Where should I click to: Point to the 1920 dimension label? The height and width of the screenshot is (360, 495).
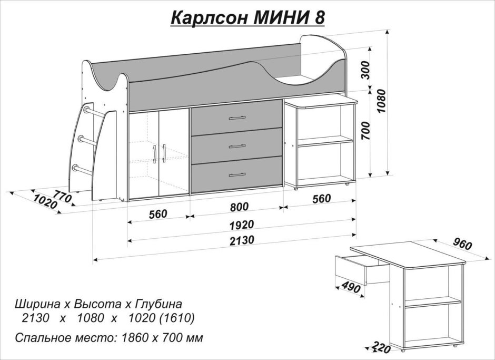point(241,224)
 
